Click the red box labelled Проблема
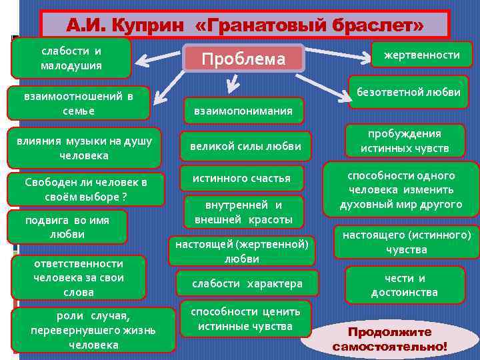(243, 59)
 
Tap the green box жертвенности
(421, 55)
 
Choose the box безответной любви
(409, 92)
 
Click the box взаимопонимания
(243, 111)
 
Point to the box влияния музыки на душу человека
(83, 147)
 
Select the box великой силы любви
(245, 146)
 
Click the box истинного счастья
(241, 179)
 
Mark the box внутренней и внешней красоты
(243, 212)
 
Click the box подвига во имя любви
(67, 227)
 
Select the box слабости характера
(247, 283)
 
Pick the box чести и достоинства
(404, 285)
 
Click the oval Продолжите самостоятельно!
(390, 339)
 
